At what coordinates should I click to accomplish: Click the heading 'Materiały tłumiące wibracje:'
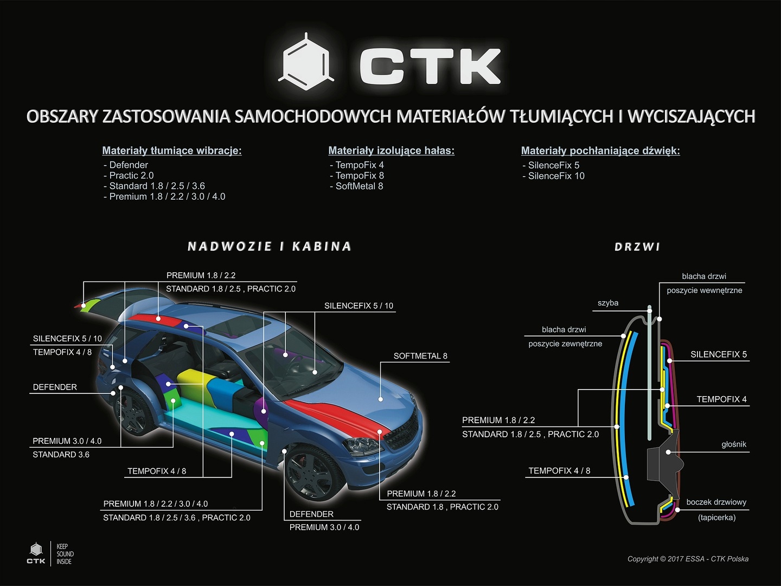(x=171, y=150)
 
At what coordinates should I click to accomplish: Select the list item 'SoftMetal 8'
(x=359, y=186)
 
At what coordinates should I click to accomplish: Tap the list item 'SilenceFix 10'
(x=555, y=176)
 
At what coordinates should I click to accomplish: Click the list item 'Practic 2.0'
(x=131, y=175)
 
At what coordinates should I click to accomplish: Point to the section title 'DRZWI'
(x=637, y=247)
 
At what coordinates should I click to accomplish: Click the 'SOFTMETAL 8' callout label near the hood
(x=420, y=356)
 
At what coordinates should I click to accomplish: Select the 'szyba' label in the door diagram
(x=607, y=303)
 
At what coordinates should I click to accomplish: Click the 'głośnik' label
(x=733, y=444)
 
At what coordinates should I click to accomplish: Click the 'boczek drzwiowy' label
(x=716, y=502)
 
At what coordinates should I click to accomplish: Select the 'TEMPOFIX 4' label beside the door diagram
(x=721, y=399)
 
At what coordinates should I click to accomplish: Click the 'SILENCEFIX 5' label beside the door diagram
(x=718, y=354)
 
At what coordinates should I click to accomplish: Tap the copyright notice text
(x=687, y=559)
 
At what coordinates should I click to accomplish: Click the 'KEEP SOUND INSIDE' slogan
(x=65, y=554)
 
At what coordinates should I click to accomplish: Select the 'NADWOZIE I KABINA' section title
(x=269, y=247)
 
